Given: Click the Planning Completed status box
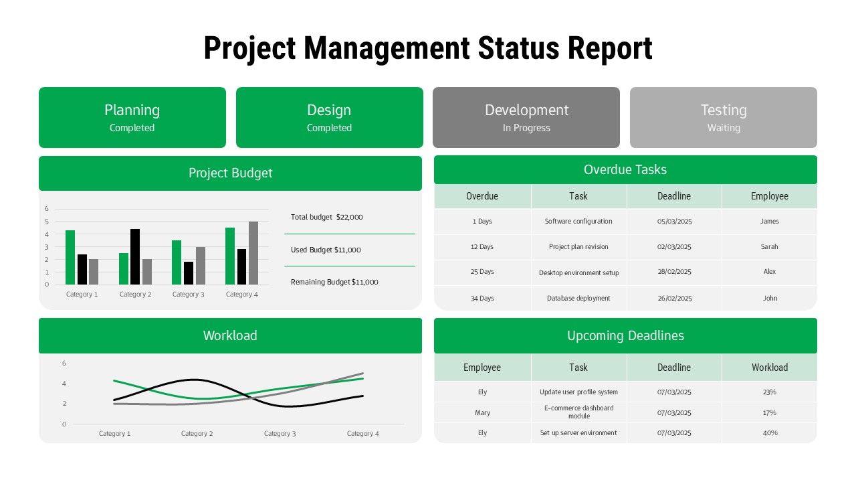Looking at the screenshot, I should pyautogui.click(x=132, y=117).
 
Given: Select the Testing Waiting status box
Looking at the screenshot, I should pyautogui.click(x=724, y=117).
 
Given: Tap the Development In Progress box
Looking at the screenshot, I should pyautogui.click(x=526, y=117).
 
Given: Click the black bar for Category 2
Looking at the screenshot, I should pyautogui.click(x=135, y=257).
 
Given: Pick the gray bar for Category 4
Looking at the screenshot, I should pyautogui.click(x=253, y=253).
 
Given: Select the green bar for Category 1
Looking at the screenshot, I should pyautogui.click(x=70, y=258).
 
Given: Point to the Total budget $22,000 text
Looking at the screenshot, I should pyautogui.click(x=327, y=217).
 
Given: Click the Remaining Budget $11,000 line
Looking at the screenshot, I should pyautogui.click(x=334, y=282).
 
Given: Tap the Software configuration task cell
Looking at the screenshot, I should pyautogui.click(x=578, y=222).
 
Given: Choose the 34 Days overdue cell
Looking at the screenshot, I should pyautogui.click(x=482, y=299).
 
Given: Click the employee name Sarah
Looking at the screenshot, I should pyautogui.click(x=770, y=247).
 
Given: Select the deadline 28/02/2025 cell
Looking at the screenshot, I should pyautogui.click(x=674, y=272).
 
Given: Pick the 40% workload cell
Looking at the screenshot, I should pyautogui.click(x=770, y=433).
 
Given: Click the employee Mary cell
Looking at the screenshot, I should pyautogui.click(x=483, y=412).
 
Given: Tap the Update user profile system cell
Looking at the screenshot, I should pyautogui.click(x=578, y=392).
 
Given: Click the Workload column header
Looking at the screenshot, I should pyautogui.click(x=770, y=368).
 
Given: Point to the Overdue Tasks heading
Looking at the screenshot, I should pyautogui.click(x=625, y=170).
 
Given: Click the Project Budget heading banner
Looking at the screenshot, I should pyautogui.click(x=230, y=173).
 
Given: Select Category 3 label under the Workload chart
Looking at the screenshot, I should pyautogui.click(x=280, y=434).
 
